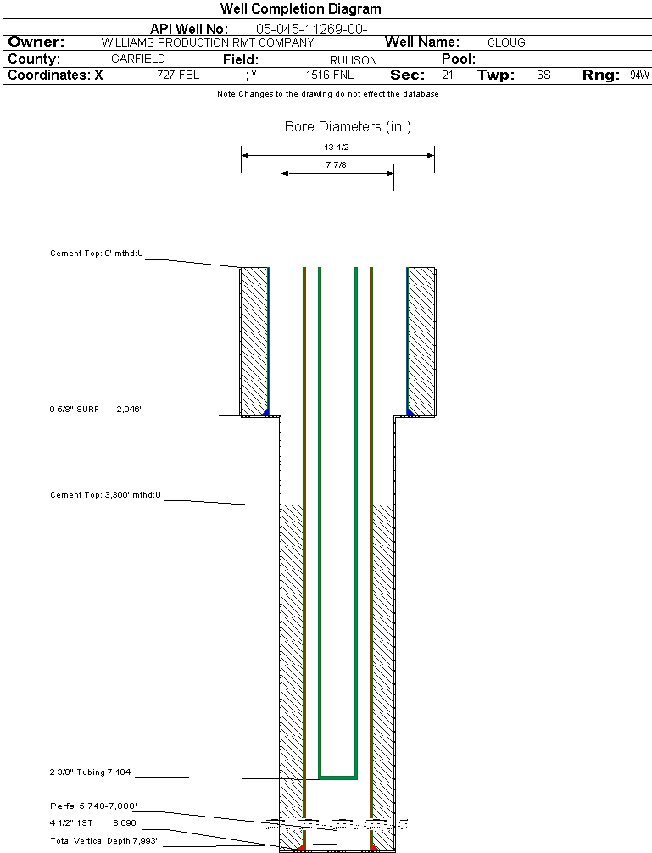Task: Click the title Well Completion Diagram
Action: pyautogui.click(x=300, y=9)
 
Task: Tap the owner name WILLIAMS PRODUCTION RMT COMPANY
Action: pyautogui.click(x=207, y=42)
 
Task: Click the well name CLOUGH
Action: pyautogui.click(x=510, y=42)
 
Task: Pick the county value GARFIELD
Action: pyautogui.click(x=138, y=59)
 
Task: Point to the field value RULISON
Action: pyautogui.click(x=353, y=60)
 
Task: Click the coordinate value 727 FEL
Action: pyautogui.click(x=178, y=75)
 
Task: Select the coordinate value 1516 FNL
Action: pyautogui.click(x=330, y=75)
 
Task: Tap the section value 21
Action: pyautogui.click(x=447, y=75)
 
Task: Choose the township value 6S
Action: pyautogui.click(x=543, y=75)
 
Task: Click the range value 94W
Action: pyautogui.click(x=639, y=75)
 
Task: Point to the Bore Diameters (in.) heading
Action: pyautogui.click(x=348, y=127)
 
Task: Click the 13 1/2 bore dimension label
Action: pyautogui.click(x=337, y=147)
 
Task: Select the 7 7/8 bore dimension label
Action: pyautogui.click(x=337, y=165)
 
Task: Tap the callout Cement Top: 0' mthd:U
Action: pyautogui.click(x=97, y=254)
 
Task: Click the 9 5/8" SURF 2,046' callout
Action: pyautogui.click(x=95, y=410)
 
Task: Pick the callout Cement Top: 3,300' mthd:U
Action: pyautogui.click(x=105, y=494)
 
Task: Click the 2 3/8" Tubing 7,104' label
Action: pyautogui.click(x=92, y=772)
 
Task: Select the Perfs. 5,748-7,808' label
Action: pyautogui.click(x=93, y=806)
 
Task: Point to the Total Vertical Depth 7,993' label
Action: pyautogui.click(x=103, y=840)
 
